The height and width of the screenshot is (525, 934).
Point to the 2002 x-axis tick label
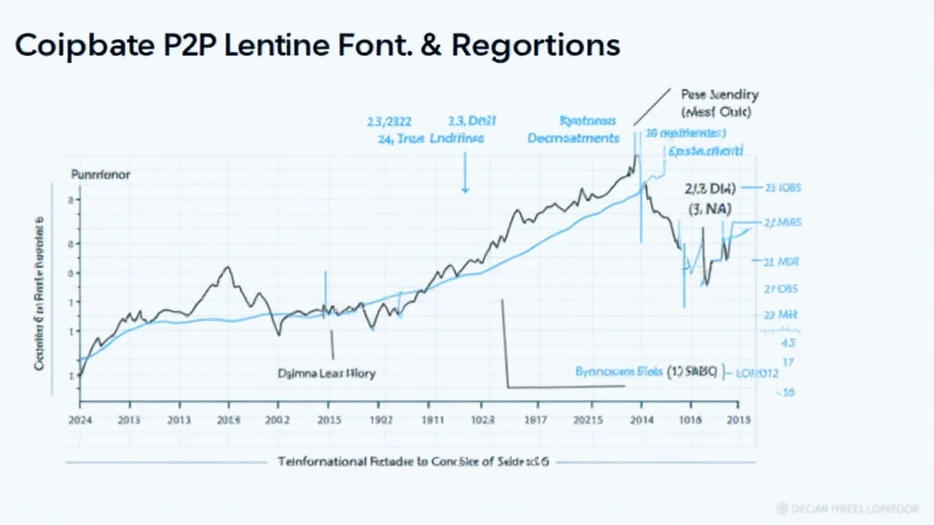(277, 420)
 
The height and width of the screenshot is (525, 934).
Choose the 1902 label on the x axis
(379, 420)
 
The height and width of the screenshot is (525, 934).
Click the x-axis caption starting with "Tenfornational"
(413, 462)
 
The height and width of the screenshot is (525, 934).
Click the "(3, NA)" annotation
(711, 209)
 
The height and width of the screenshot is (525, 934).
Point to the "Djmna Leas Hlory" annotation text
(326, 373)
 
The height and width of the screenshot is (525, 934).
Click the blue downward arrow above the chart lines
(465, 182)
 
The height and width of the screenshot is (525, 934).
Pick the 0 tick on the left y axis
(73, 273)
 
